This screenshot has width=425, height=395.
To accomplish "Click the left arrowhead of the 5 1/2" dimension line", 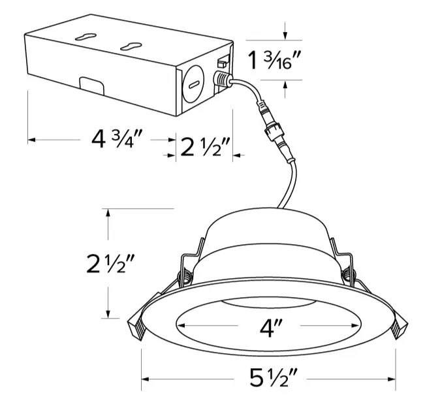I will point(146,378).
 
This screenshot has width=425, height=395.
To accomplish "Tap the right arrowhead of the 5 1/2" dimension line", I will point(394,378).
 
